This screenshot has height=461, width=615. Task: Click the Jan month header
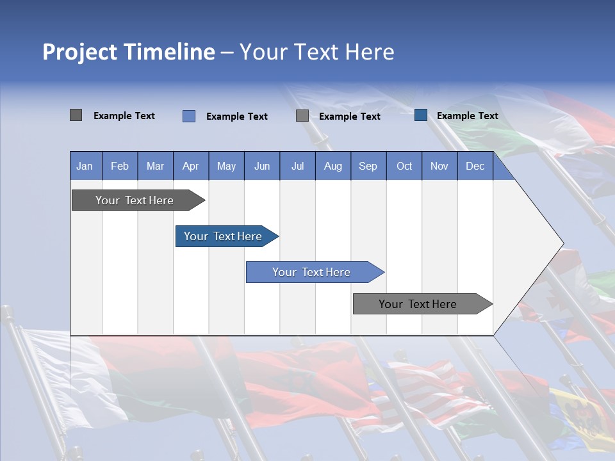point(85,166)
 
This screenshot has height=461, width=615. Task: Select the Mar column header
point(155,166)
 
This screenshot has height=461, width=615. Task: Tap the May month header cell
point(226,166)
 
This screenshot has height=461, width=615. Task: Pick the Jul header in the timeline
point(297,166)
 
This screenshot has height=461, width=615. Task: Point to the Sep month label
point(368,166)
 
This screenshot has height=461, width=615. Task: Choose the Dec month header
point(475,166)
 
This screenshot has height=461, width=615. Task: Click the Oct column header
point(404,166)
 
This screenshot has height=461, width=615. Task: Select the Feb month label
point(120,166)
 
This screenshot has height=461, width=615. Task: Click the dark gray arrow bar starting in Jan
point(135,200)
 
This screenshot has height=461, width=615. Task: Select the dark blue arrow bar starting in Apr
point(223,236)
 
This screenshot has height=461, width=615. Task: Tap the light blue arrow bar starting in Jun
point(311,272)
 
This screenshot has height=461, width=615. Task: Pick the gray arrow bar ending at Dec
point(418,304)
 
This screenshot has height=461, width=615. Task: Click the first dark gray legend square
point(76,115)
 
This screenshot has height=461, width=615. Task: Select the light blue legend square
point(188,116)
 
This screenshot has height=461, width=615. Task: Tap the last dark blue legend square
point(421,115)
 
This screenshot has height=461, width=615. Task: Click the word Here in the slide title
point(370,52)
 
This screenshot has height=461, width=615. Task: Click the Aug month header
point(332,166)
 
